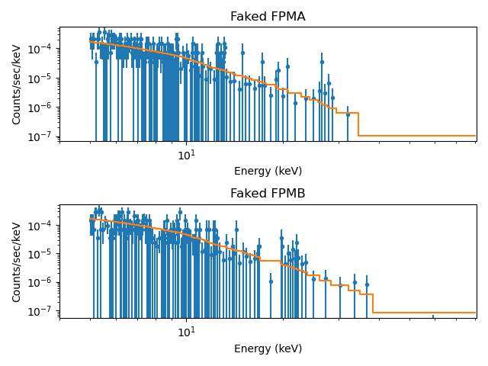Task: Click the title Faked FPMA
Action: tap(268, 17)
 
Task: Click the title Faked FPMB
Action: tap(268, 194)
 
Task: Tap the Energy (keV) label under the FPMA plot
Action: tap(268, 172)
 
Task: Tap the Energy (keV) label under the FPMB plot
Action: tap(268, 348)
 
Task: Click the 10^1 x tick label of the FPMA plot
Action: tap(186, 155)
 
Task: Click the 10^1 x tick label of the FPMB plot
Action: tap(186, 332)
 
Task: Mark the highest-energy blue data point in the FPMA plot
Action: tap(348, 114)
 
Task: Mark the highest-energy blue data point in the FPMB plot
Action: tap(367, 285)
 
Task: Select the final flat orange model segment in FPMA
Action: tap(416, 136)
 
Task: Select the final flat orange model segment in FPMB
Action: tap(424, 313)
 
